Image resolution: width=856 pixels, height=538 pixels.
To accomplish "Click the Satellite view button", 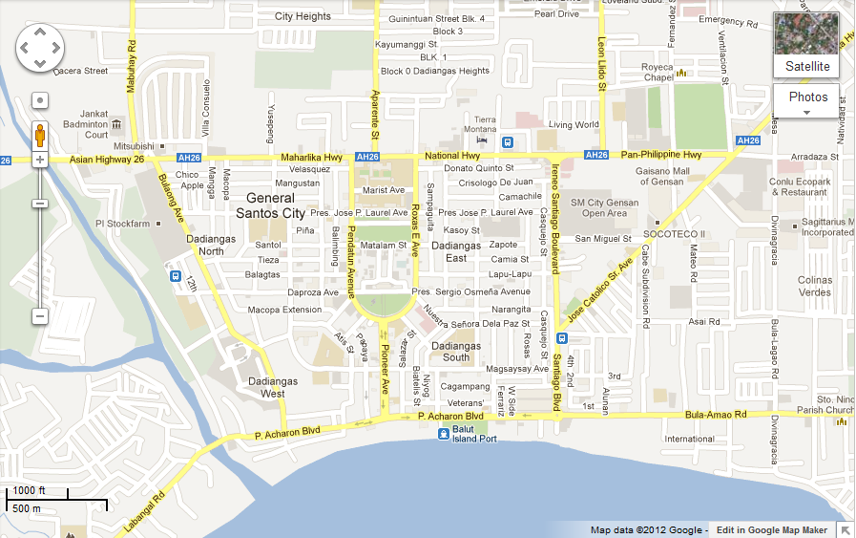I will pyautogui.click(x=807, y=45).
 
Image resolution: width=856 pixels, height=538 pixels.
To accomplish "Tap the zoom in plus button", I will pyautogui.click(x=40, y=160).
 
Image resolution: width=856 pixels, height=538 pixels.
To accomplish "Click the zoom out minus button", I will pyautogui.click(x=40, y=316).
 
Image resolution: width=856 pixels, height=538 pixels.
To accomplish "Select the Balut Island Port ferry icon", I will pyautogui.click(x=444, y=435).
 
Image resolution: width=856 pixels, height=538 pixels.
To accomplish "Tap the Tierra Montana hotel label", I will pyautogui.click(x=480, y=124).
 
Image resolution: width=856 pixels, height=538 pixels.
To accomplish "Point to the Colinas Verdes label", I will pyautogui.click(x=814, y=286).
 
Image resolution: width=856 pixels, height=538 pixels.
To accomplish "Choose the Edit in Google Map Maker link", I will pyautogui.click(x=772, y=530).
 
